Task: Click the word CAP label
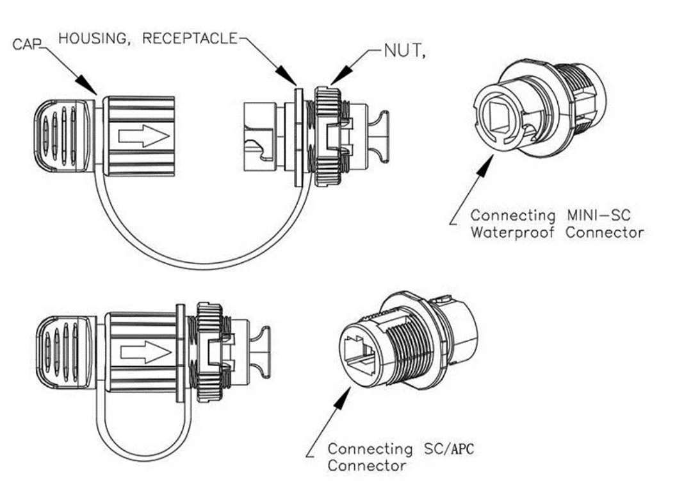click(26, 44)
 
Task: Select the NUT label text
click(404, 52)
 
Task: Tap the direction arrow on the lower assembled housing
click(145, 351)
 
